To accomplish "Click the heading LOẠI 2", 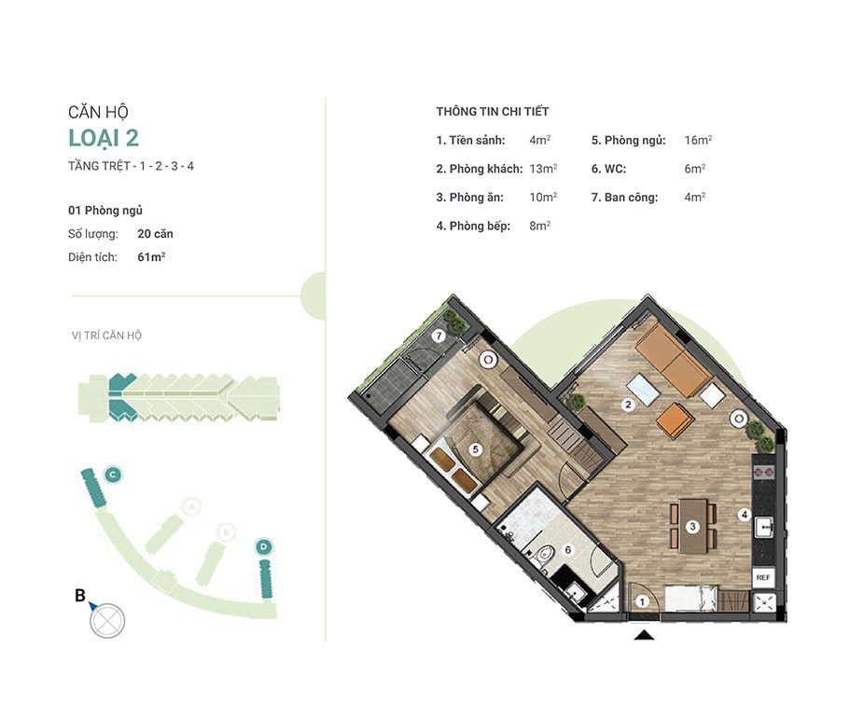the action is point(104,138).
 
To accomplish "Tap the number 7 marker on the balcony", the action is point(439,337).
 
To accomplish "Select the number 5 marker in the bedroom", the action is point(476,449).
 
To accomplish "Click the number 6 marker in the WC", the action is point(567,550).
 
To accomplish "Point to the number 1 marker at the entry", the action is point(642,601).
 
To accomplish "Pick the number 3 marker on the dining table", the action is point(692,527).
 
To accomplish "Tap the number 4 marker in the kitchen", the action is point(745,515).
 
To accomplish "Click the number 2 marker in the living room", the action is point(628,404).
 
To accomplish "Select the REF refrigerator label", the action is point(762,577).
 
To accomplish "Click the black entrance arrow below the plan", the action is point(644,635).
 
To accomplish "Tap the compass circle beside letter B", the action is point(107,621).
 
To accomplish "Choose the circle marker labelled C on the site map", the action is point(113,475).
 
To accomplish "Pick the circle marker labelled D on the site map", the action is point(264,547).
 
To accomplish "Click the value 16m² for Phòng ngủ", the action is point(698,140).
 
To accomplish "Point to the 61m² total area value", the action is point(151,256).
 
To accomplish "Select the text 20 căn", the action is point(155,234).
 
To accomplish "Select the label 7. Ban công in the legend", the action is point(624,197).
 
